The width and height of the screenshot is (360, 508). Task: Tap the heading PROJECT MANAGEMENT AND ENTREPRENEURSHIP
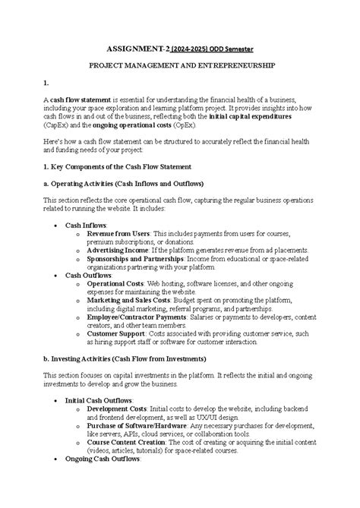[180, 67]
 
